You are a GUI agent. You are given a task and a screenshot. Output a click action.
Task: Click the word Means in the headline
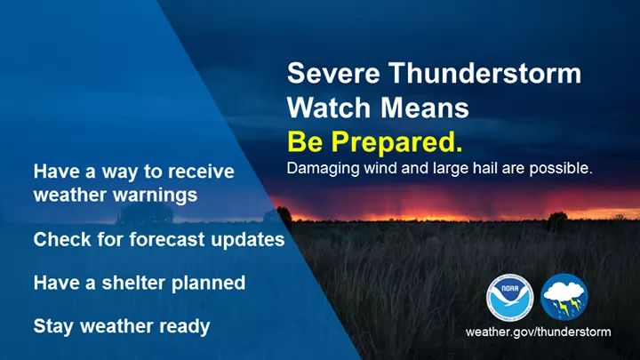422,108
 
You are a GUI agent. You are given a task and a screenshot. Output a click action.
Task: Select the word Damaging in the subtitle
319,167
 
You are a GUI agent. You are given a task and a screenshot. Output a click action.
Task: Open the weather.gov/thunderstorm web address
538,332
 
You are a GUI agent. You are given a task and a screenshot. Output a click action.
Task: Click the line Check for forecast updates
158,240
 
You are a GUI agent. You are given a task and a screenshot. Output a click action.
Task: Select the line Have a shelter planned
139,283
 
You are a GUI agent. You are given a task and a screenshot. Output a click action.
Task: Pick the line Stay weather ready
121,326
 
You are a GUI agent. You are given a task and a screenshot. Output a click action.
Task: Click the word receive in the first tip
203,172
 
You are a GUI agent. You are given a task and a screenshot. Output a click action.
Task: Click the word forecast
179,240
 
